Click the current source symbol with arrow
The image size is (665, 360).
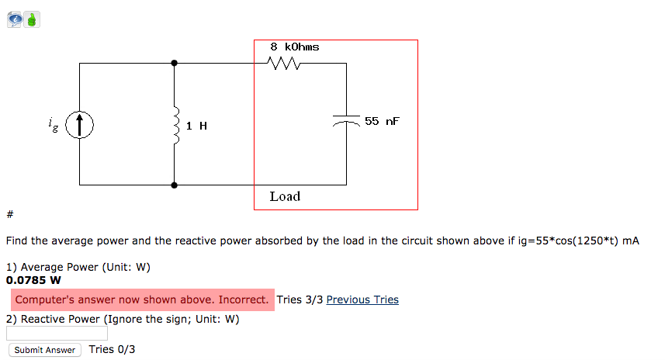pyautogui.click(x=79, y=124)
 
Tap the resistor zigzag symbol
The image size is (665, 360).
pyautogui.click(x=285, y=64)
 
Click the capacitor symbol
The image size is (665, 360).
pyautogui.click(x=346, y=121)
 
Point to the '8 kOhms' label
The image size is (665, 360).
pyautogui.click(x=294, y=47)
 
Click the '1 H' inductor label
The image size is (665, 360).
pyautogui.click(x=196, y=125)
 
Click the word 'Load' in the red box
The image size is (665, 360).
pyautogui.click(x=285, y=196)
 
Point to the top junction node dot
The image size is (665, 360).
pyautogui.click(x=175, y=63)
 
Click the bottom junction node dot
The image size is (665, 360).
pyautogui.click(x=175, y=185)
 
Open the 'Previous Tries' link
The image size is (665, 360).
pyautogui.click(x=362, y=299)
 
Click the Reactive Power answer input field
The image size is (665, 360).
pyautogui.click(x=57, y=333)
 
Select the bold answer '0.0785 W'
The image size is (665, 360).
pyautogui.click(x=33, y=280)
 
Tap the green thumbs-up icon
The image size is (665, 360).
pyautogui.click(x=32, y=19)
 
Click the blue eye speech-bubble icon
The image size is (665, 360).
pyautogui.click(x=16, y=19)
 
